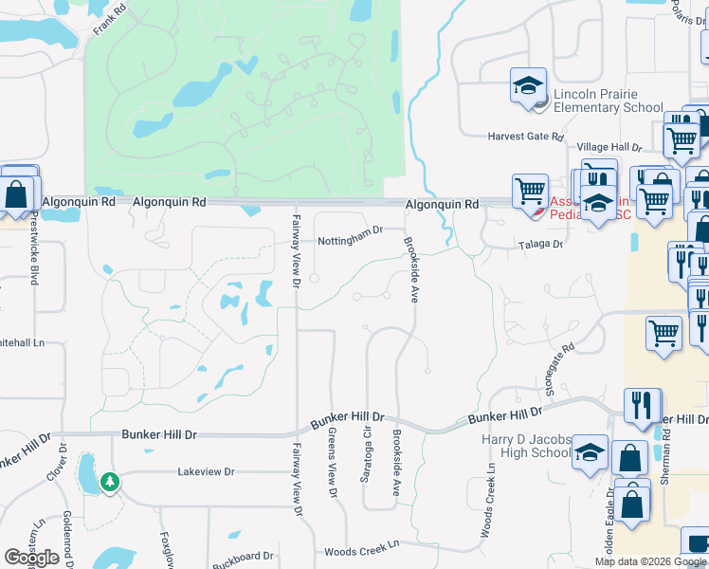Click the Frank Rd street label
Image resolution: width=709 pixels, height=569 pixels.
click(x=109, y=20)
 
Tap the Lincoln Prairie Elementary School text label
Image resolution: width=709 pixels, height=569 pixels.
click(x=608, y=101)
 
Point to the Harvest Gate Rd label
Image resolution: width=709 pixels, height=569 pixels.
click(x=525, y=137)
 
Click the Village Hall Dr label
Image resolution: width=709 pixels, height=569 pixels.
click(x=609, y=148)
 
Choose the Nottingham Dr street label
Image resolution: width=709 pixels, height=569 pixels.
click(x=350, y=229)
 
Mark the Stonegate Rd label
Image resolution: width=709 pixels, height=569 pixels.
click(x=560, y=362)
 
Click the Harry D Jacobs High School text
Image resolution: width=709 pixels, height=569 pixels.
click(x=526, y=445)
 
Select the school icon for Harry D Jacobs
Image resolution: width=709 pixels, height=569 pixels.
click(x=590, y=452)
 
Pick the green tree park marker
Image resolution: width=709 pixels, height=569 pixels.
click(x=111, y=483)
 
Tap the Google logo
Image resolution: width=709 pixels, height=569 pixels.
click(x=31, y=558)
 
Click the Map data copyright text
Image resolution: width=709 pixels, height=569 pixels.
click(x=650, y=561)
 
